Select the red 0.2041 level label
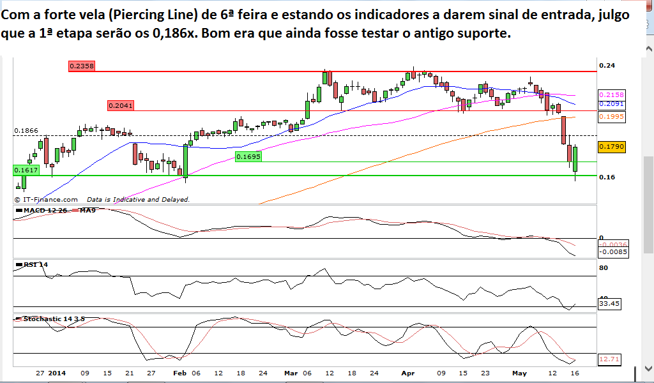click(x=120, y=105)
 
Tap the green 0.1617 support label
click(x=26, y=170)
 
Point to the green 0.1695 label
click(x=248, y=156)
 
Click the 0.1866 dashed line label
click(x=27, y=130)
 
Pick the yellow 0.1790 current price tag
click(x=611, y=147)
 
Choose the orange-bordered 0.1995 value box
click(x=611, y=117)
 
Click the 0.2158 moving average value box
click(x=611, y=94)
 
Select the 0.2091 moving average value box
click(x=611, y=104)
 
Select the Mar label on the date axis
click(x=291, y=372)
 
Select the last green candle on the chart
click(x=575, y=160)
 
